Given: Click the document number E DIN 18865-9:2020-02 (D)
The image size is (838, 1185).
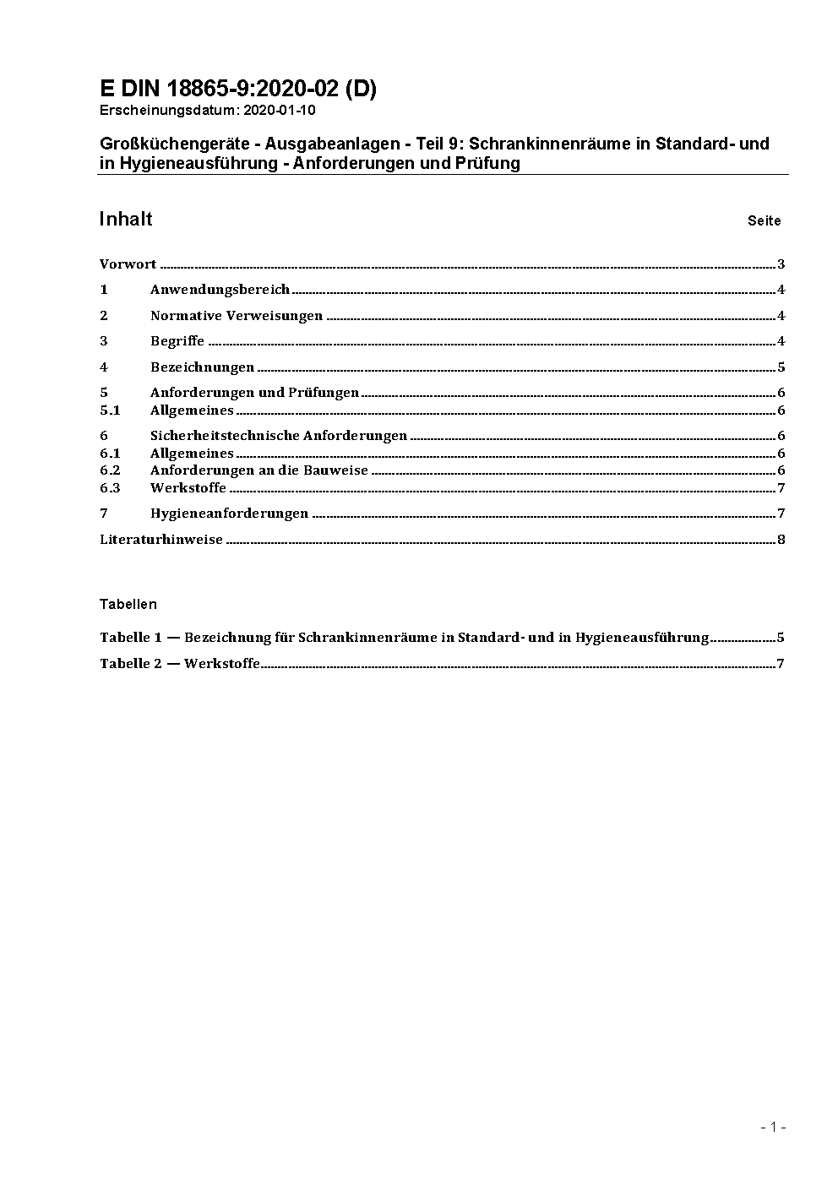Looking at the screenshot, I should [237, 90].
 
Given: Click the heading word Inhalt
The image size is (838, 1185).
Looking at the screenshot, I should [126, 220].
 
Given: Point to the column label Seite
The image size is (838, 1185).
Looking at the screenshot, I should [764, 221].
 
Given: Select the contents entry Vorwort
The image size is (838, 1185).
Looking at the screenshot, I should [128, 264].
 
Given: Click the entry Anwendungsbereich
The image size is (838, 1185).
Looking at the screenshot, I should [220, 290].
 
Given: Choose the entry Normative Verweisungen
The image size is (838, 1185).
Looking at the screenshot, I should [237, 316].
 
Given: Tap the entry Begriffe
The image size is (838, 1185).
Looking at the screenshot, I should [177, 341].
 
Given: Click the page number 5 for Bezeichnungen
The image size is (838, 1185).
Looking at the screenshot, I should [781, 367].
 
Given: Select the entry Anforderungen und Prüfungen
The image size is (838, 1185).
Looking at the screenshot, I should [254, 393].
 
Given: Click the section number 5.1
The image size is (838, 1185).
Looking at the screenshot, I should [110, 410].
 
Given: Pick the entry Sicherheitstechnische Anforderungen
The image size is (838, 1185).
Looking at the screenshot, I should [279, 436].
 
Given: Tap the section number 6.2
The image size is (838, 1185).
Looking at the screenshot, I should [110, 470].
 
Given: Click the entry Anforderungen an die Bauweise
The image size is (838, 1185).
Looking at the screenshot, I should [259, 470].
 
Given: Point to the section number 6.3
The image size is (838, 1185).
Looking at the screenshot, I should [110, 488].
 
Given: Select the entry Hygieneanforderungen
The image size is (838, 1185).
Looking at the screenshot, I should [229, 514].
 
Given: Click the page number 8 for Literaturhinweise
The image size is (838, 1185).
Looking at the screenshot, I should [781, 540].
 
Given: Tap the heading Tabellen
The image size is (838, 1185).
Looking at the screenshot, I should [128, 605].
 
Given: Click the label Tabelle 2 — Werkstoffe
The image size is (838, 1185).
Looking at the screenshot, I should [180, 664].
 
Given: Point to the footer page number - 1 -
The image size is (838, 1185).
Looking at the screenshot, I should [773, 1128].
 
